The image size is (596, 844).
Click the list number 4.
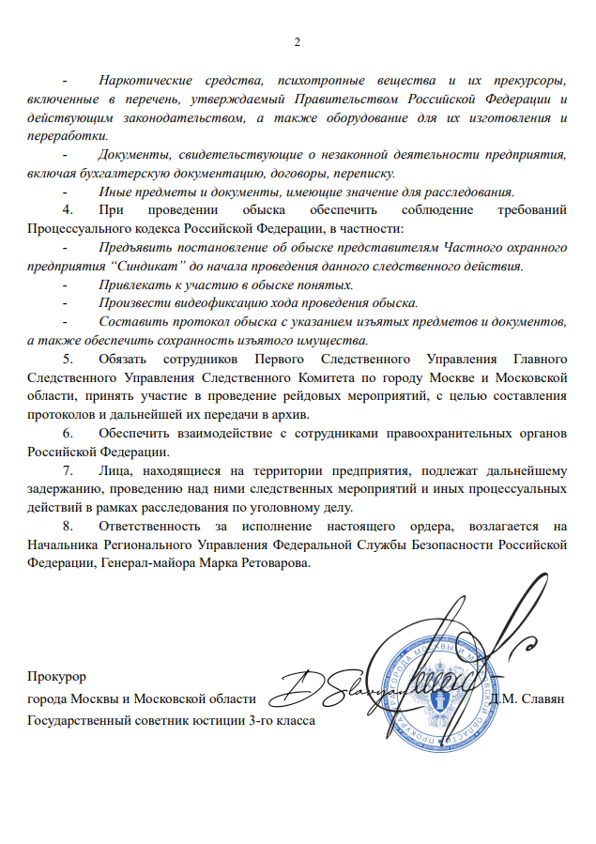[67, 209]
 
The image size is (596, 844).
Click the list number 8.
[67, 526]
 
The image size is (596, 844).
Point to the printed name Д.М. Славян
[527, 700]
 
